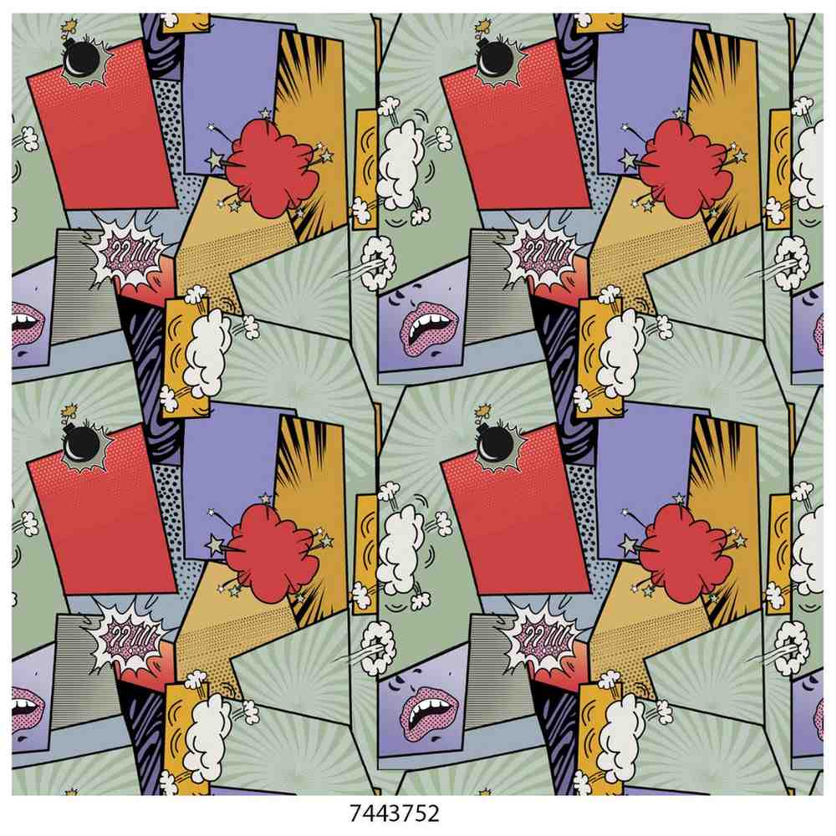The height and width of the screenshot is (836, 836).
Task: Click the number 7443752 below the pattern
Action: pyautogui.click(x=395, y=813)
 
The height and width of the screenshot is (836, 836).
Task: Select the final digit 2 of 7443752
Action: pyautogui.click(x=433, y=813)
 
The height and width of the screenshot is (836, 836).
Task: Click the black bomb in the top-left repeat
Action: pyautogui.click(x=81, y=59)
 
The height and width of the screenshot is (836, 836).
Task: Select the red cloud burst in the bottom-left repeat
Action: pyautogui.click(x=271, y=553)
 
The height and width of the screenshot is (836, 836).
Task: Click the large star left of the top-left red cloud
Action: pyautogui.click(x=216, y=160)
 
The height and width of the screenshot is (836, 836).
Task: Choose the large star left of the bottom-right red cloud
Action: pyautogui.click(x=630, y=544)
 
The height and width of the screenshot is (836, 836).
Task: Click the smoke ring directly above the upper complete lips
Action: pyautogui.click(x=379, y=263)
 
